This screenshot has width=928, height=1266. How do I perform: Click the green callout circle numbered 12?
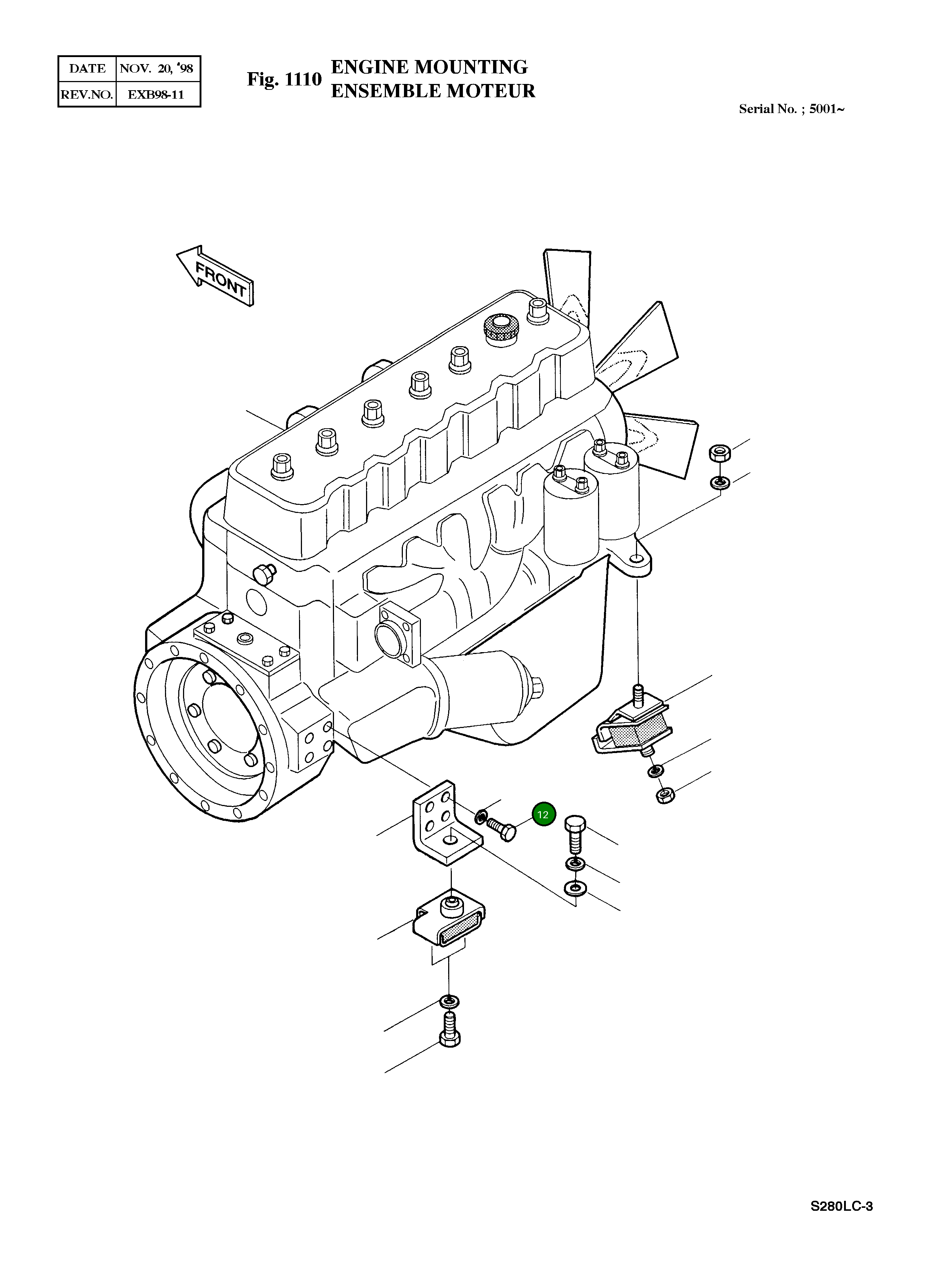pos(543,815)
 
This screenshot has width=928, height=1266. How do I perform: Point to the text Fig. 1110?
pos(284,80)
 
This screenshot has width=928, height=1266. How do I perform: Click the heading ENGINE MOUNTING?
pos(429,67)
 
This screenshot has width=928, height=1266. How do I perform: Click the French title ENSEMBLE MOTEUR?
pos(433,91)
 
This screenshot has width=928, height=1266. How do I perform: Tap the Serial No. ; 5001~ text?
pos(791,109)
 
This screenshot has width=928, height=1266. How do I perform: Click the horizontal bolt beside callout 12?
pos(502,829)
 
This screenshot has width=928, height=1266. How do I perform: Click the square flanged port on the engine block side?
pos(400,632)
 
